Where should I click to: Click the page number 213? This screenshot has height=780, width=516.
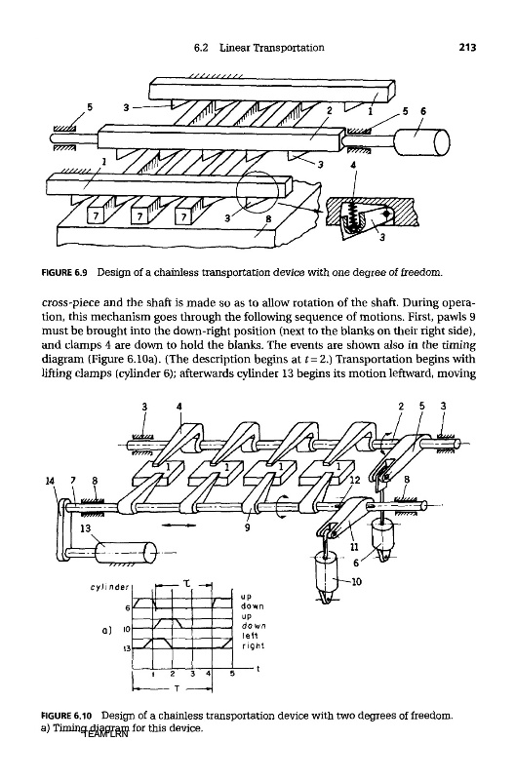468,47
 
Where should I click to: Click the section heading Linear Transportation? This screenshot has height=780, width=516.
272,47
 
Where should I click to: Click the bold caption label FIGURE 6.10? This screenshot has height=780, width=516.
67,716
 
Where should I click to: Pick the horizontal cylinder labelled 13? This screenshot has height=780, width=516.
125,552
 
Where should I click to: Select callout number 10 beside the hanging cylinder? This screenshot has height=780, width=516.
356,580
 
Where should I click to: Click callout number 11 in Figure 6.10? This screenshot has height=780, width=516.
355,546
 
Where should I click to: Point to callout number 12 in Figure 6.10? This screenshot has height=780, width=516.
354,480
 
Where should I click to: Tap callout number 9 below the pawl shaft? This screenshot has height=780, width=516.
248,528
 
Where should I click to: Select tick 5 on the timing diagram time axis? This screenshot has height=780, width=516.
232,675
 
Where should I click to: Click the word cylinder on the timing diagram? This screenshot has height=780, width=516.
109,587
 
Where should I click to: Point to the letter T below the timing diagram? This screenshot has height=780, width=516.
177,689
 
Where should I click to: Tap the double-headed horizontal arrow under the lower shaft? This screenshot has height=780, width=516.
175,524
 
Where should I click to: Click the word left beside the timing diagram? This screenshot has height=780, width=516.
249,636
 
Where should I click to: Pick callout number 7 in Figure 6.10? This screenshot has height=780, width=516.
73,481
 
